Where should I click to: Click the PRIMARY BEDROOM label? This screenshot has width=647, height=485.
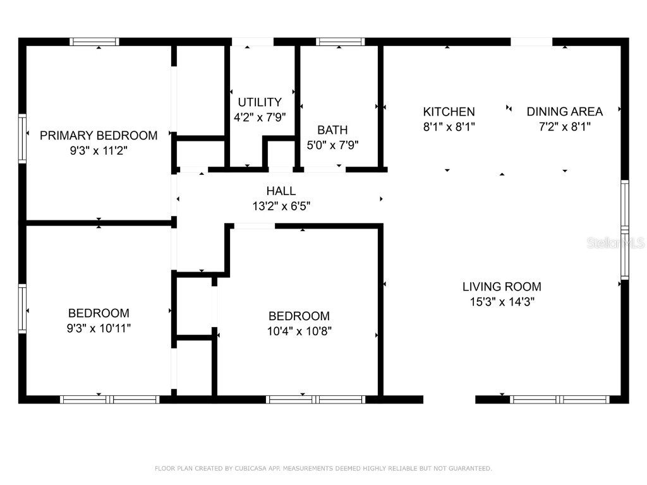tap(99, 135)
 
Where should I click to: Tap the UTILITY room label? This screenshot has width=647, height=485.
tap(260, 102)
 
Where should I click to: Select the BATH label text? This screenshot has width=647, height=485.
tap(332, 130)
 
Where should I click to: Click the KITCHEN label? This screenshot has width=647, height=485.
tap(449, 112)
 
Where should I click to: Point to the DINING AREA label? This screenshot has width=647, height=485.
tap(565, 112)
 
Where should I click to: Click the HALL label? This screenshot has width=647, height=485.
tap(281, 191)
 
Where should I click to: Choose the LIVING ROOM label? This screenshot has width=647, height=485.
tap(502, 287)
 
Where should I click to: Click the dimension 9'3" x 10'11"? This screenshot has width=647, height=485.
tap(99, 328)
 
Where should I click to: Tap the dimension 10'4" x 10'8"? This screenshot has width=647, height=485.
tap(299, 331)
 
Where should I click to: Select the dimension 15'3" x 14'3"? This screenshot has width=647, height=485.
tap(502, 302)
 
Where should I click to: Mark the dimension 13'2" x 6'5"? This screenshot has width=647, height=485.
tap(281, 206)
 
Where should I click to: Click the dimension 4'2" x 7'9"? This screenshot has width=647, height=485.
tap(260, 117)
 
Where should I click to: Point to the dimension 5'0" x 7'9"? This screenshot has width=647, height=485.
tap(332, 145)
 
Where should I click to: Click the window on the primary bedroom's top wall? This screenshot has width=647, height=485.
tap(94, 42)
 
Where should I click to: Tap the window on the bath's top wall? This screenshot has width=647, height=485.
tap(341, 42)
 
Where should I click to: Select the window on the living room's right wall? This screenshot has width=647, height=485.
tap(624, 230)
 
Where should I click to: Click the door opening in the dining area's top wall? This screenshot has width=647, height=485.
tap(531, 42)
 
